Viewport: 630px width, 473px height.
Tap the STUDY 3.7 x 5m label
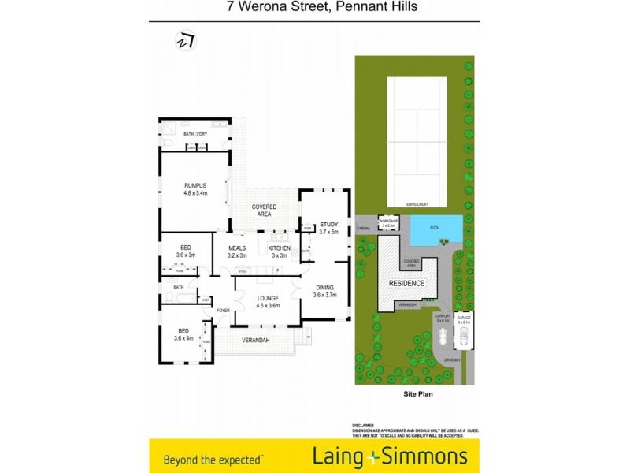point(328,228)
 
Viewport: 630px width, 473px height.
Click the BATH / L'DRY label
point(195,135)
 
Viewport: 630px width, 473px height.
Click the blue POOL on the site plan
point(435,229)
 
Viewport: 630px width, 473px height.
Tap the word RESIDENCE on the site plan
point(407,283)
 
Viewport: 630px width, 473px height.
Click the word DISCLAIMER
point(363,424)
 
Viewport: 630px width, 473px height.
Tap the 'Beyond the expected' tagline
point(213,457)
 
